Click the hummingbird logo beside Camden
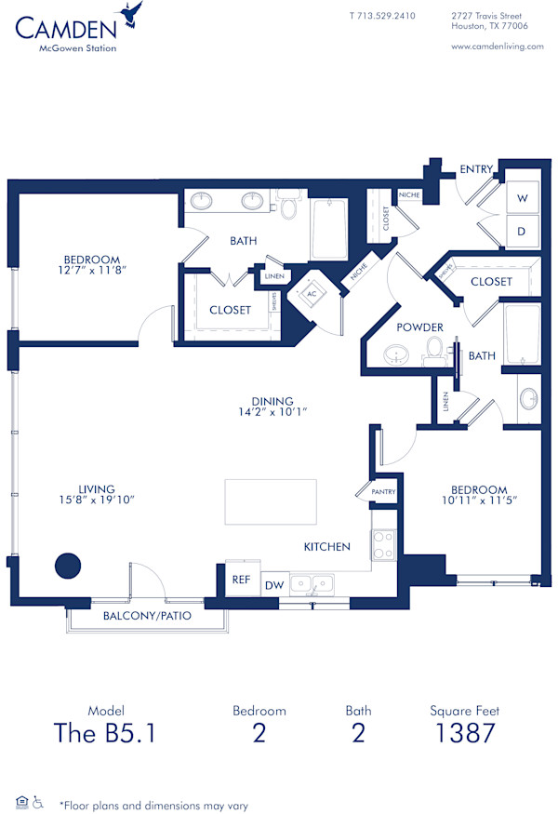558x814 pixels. coord(132,14)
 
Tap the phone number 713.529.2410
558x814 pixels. coord(382,16)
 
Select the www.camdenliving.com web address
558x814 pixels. coord(497,47)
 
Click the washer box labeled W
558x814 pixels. coord(522,197)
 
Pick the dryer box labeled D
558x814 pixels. coord(522,231)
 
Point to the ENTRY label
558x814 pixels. coord(476,168)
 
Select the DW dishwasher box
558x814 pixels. coord(274,585)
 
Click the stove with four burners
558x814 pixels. coord(384,545)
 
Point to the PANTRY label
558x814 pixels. coord(383,491)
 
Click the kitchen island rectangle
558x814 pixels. coord(271,504)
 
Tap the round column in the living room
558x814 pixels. coord(67,565)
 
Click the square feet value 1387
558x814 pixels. coord(465,733)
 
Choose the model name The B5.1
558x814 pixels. coord(104,733)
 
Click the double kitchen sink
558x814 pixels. coord(312,584)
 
